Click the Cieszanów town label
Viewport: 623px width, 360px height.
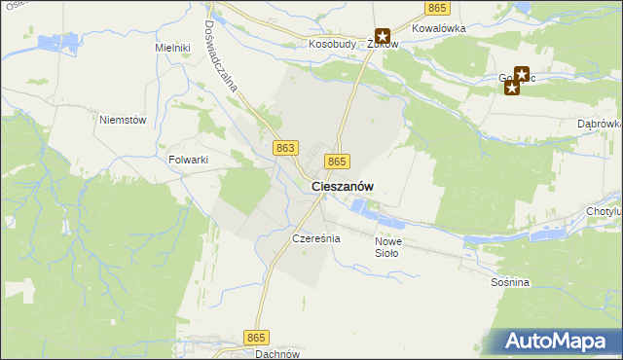click(343, 186)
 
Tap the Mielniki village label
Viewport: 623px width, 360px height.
click(171, 47)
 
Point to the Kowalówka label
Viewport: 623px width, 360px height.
click(439, 29)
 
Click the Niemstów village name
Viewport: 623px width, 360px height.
click(123, 120)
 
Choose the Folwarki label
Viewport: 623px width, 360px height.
click(189, 160)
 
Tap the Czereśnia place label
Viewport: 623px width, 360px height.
click(315, 238)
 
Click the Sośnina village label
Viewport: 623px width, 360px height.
click(510, 282)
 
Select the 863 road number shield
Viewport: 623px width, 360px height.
click(285, 147)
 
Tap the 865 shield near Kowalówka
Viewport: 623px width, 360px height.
click(437, 8)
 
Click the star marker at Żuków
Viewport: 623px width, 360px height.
click(383, 37)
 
